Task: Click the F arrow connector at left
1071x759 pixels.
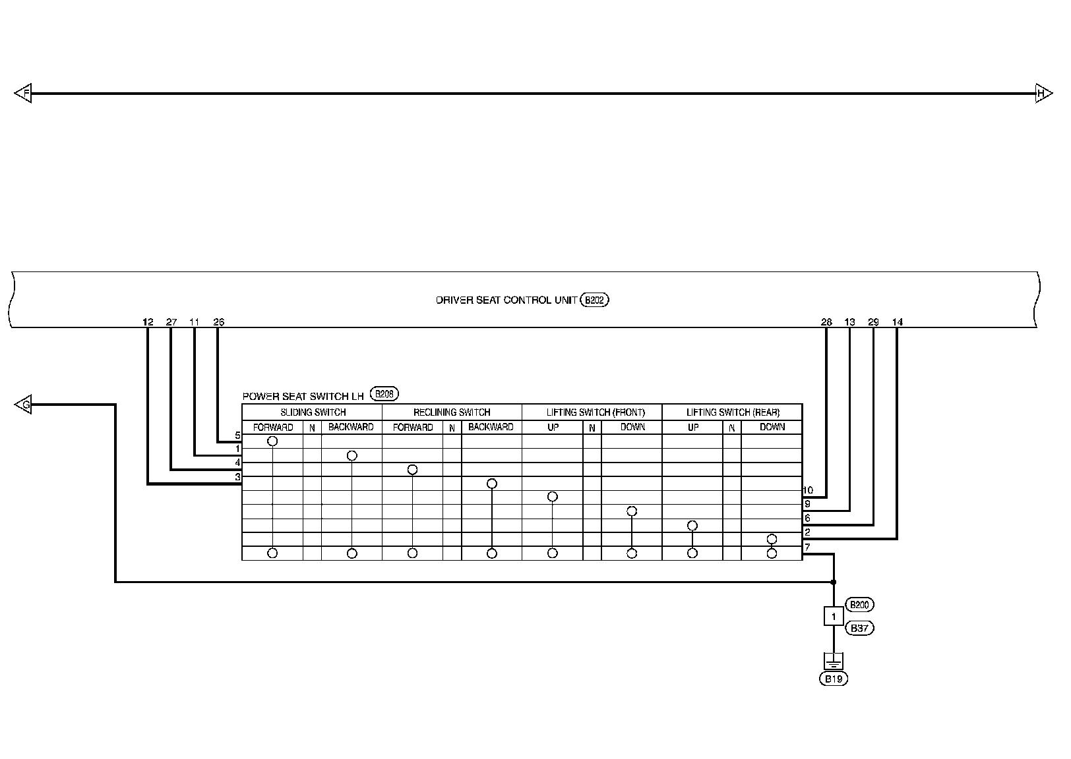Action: click(23, 94)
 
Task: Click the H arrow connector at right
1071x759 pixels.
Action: click(1043, 94)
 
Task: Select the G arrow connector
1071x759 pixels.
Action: click(23, 405)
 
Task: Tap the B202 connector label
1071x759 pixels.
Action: click(594, 300)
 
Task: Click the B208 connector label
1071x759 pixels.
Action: click(384, 395)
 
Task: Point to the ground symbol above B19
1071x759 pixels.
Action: click(834, 660)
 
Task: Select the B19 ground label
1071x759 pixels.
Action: click(834, 679)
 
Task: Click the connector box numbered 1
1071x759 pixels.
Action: click(834, 617)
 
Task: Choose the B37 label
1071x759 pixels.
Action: click(859, 629)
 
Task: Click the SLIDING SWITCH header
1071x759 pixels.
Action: click(313, 412)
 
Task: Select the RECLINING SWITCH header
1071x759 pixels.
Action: click(452, 412)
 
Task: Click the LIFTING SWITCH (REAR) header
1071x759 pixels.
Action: click(733, 412)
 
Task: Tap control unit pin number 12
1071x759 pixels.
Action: click(148, 322)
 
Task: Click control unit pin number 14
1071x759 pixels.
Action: click(897, 322)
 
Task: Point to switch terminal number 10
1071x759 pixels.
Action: click(809, 490)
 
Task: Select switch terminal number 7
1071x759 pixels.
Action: click(807, 547)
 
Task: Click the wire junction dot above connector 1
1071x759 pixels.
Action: click(834, 582)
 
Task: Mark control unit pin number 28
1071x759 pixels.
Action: click(826, 322)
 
